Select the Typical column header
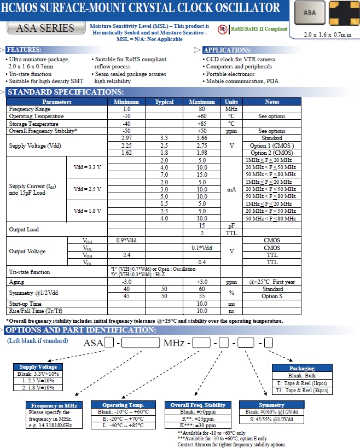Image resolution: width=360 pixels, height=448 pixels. pyautogui.click(x=164, y=102)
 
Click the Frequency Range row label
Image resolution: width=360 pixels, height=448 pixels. pyautogui.click(x=30, y=109)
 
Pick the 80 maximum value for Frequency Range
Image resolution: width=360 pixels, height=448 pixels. pyautogui.click(x=202, y=109)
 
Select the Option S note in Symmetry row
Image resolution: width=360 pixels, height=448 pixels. pyautogui.click(x=272, y=296)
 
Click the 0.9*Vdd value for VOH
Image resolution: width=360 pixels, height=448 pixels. pyautogui.click(x=126, y=240)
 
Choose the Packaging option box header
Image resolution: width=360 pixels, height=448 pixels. pyautogui.click(x=301, y=369)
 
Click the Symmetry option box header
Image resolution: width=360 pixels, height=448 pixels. pyautogui.click(x=260, y=405)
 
